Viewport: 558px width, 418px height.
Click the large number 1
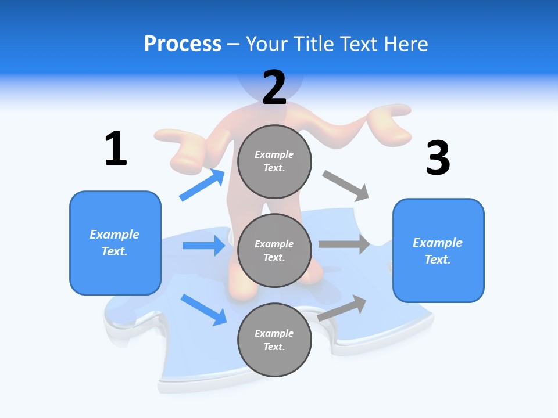[116, 149]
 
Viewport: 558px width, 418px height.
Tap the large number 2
[274, 88]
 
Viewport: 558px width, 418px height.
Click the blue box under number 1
[115, 243]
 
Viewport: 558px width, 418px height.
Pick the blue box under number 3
[438, 250]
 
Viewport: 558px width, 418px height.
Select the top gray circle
[274, 161]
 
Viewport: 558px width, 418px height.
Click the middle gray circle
[274, 250]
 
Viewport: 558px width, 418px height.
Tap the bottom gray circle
[274, 340]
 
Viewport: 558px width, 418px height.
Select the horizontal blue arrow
[204, 246]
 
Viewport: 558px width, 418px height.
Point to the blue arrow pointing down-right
[204, 309]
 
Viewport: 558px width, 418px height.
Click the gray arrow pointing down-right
[346, 186]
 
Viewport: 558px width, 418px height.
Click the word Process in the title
[183, 44]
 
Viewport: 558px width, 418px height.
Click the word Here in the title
[405, 44]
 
